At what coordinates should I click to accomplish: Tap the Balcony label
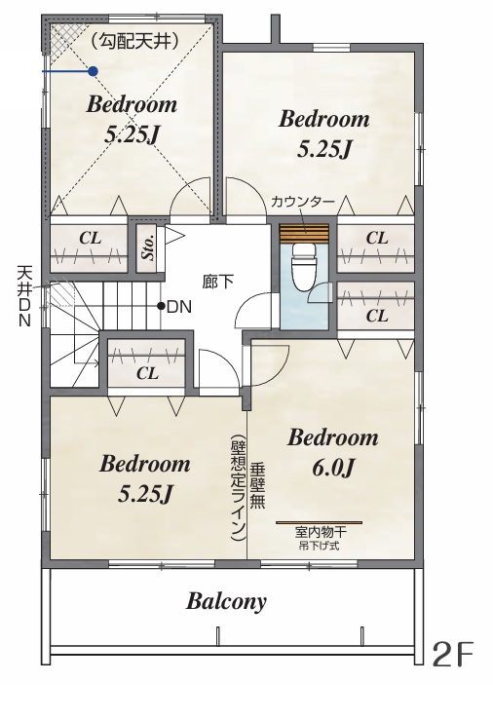(x=226, y=601)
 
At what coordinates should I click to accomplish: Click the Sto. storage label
(x=149, y=249)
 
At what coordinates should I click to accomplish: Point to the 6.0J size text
(x=334, y=468)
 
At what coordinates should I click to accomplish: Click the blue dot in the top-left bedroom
(x=94, y=71)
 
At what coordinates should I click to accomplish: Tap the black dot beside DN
(x=161, y=306)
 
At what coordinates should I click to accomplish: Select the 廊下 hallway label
(x=218, y=282)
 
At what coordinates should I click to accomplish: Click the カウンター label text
(x=303, y=202)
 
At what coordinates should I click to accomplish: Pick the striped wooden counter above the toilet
(x=304, y=233)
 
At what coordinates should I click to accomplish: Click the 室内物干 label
(x=321, y=533)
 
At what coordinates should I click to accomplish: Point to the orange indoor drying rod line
(x=319, y=522)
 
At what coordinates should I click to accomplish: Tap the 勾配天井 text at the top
(x=134, y=42)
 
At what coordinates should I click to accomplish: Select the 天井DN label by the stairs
(x=24, y=296)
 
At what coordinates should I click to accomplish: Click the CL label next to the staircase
(x=147, y=373)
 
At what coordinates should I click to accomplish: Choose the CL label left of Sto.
(x=90, y=239)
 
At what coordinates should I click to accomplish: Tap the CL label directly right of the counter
(x=377, y=238)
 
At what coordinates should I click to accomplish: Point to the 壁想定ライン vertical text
(x=239, y=487)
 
